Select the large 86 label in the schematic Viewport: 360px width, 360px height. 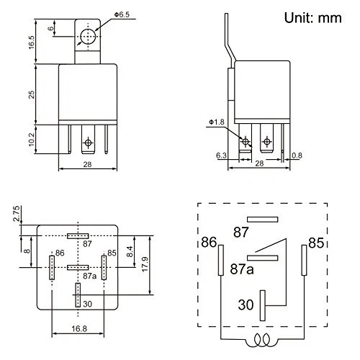(x=210, y=242)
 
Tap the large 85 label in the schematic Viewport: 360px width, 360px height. (x=315, y=242)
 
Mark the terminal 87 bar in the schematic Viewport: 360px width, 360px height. (x=261, y=219)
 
